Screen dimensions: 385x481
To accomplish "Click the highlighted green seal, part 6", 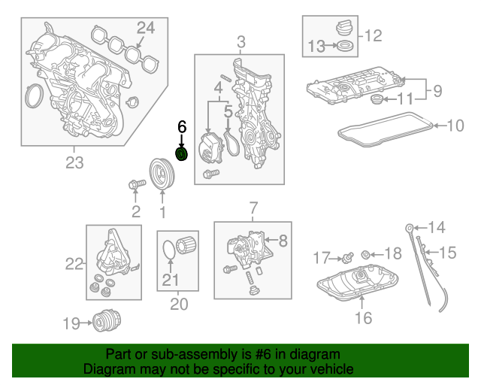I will pos(181,154).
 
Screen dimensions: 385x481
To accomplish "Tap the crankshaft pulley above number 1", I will pos(161,173).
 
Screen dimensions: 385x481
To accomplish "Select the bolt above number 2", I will pos(135,183).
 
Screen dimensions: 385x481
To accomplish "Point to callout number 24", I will pos(145,29).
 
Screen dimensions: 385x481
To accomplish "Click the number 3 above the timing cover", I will pos(240,42).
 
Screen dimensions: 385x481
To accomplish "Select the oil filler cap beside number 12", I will pos(341,31).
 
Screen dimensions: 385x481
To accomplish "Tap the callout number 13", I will pos(315,47).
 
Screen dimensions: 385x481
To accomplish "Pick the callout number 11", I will pos(405,99).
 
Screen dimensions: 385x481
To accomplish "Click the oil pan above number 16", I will pos(359,289).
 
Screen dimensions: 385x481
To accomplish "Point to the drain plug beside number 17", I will pos(348,256).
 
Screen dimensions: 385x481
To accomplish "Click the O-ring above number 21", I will pos(171,247).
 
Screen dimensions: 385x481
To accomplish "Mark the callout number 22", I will pos(74,263).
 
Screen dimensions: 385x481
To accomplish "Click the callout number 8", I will pos(283,241).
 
